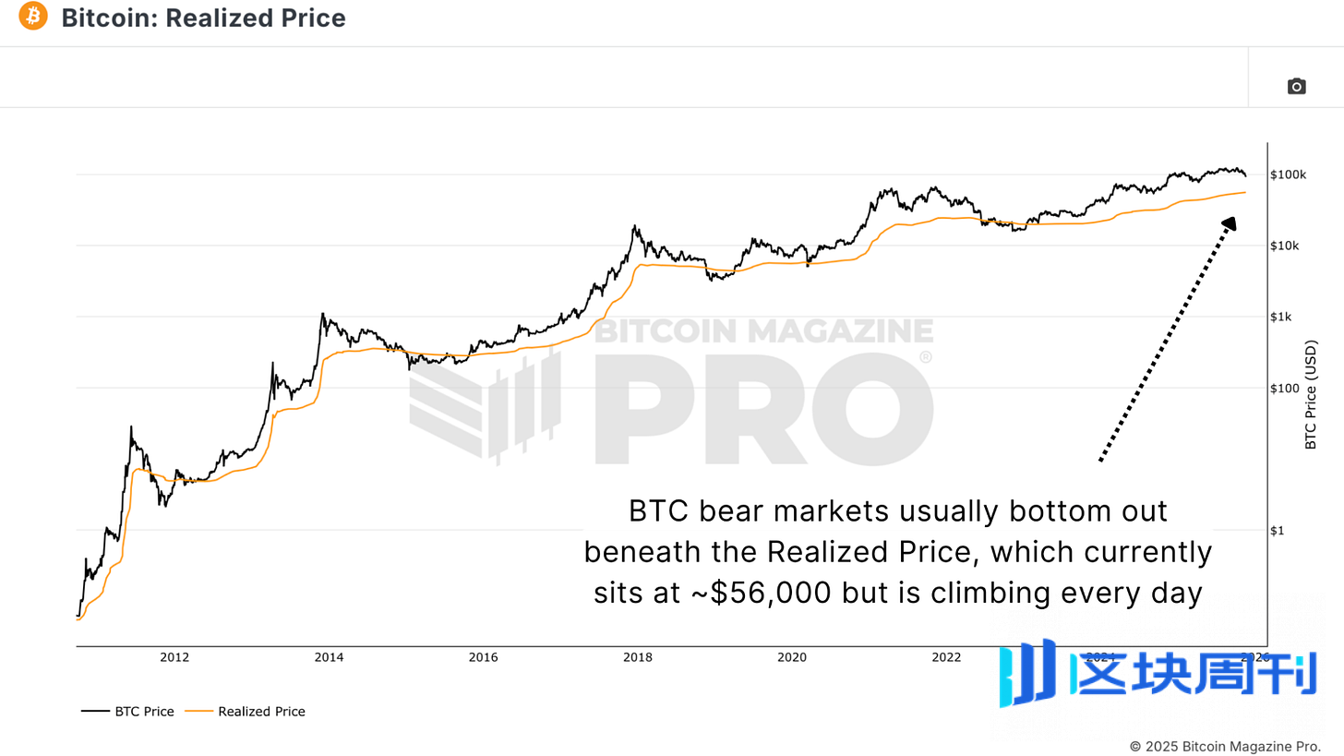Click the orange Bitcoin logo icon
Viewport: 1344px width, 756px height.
point(32,17)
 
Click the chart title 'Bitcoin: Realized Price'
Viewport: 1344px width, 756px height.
point(203,18)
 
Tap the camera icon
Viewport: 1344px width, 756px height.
point(1296,86)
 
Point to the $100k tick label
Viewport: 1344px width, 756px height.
point(1287,174)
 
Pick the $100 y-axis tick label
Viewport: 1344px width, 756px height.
point(1284,388)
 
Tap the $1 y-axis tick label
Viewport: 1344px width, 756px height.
point(1278,530)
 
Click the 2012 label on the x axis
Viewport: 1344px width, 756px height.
point(174,657)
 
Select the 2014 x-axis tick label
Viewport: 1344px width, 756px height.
point(329,657)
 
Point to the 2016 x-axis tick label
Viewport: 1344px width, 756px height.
point(483,657)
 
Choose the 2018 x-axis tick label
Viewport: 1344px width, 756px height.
point(637,657)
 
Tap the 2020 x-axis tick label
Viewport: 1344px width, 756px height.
point(791,657)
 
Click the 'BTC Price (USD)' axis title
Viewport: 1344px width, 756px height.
point(1311,393)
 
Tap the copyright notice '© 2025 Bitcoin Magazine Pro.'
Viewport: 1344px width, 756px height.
point(1225,745)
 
